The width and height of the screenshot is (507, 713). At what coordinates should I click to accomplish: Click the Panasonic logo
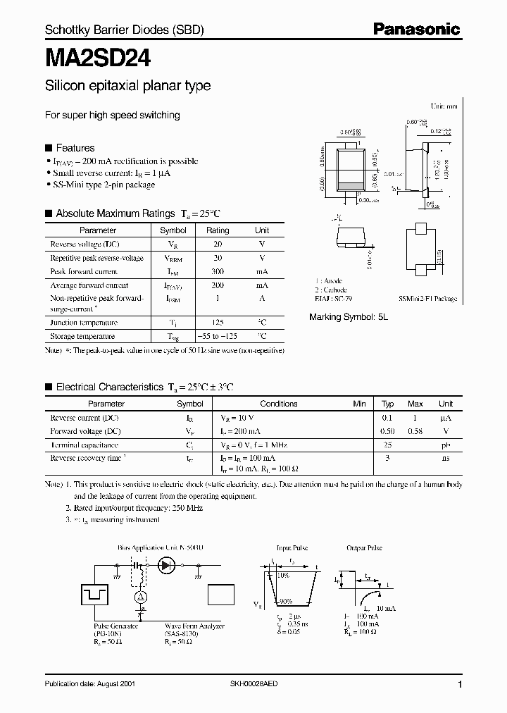pyautogui.click(x=416, y=29)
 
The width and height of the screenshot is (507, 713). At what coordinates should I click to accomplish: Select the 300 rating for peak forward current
pyautogui.click(x=218, y=271)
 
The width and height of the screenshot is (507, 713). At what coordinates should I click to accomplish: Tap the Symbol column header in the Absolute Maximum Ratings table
pyautogui.click(x=173, y=230)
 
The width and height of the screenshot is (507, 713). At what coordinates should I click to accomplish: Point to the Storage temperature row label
pyautogui.click(x=82, y=336)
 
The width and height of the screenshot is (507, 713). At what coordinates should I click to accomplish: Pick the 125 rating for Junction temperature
pyautogui.click(x=218, y=322)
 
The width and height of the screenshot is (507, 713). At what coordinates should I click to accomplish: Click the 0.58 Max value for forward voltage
pyautogui.click(x=415, y=431)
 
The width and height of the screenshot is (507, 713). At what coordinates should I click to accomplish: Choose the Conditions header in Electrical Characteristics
pyautogui.click(x=278, y=404)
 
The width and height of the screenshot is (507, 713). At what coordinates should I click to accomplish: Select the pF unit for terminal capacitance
pyautogui.click(x=446, y=445)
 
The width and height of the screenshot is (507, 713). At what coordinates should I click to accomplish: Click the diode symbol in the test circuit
pyautogui.click(x=168, y=564)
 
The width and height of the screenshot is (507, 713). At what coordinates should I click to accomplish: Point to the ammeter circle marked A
pyautogui.click(x=140, y=597)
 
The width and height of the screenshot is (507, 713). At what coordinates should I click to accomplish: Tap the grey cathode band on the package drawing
pyautogui.click(x=349, y=186)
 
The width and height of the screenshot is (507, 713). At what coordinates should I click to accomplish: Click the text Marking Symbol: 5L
pyautogui.click(x=349, y=317)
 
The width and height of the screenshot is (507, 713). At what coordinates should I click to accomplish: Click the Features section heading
pyautogui.click(x=75, y=148)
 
